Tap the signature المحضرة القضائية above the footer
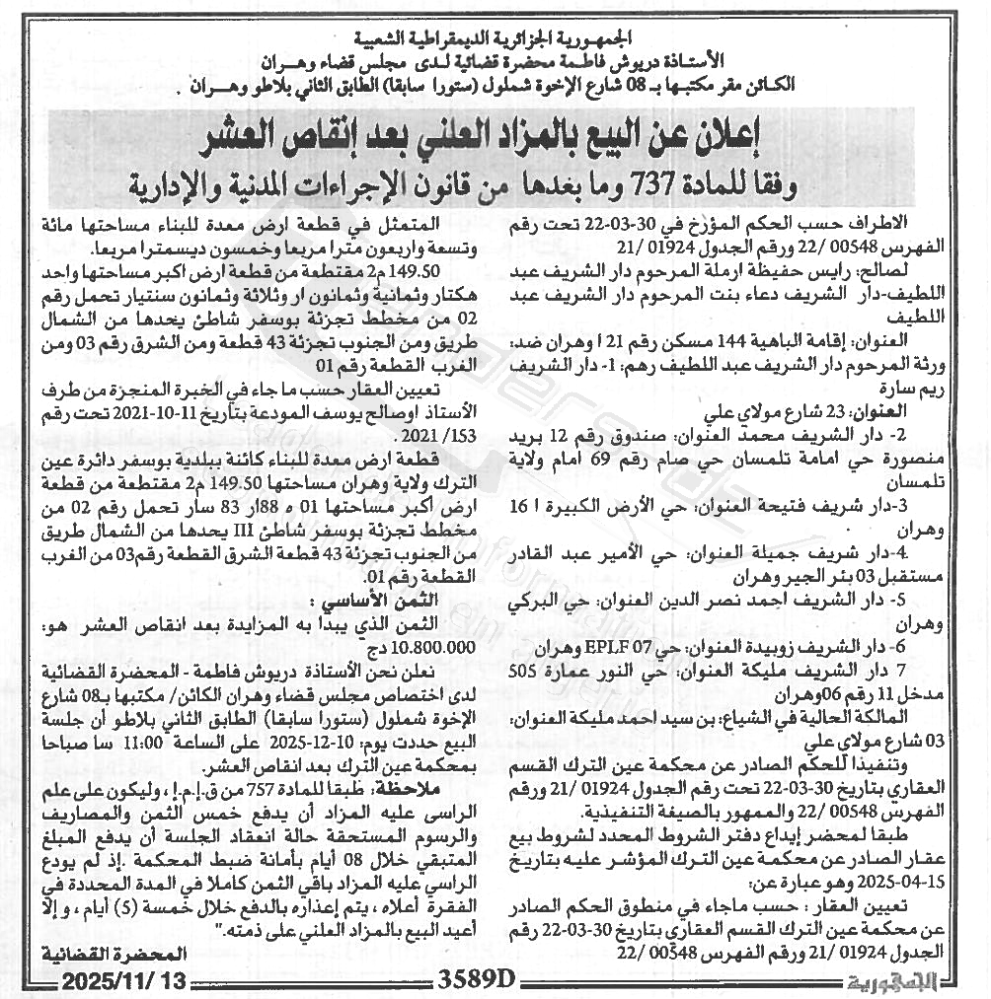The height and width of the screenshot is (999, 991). point(113,954)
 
